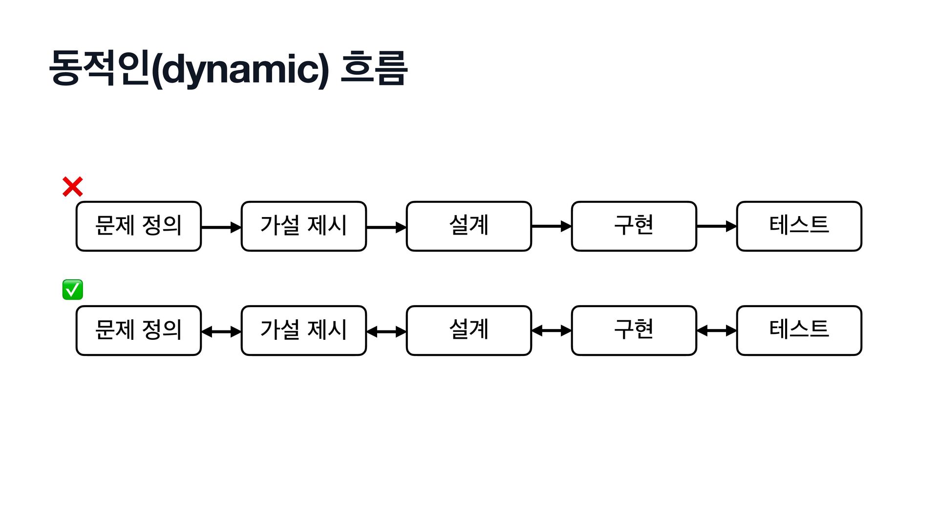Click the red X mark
73,187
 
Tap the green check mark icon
73,289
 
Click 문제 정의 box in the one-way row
139,226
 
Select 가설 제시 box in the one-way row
304,226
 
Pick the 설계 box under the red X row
469,226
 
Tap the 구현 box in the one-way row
634,226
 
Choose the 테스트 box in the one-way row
799,226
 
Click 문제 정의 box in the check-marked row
139,330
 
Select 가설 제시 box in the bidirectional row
304,330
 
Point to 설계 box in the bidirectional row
469,330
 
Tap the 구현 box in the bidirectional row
634,330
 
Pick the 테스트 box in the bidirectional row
799,330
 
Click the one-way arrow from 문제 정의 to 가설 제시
221,227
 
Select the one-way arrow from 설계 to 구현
552,226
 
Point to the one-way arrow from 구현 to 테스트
717,226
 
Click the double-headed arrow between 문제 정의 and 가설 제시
221,332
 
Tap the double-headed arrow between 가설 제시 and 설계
386,332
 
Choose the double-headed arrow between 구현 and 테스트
717,331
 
